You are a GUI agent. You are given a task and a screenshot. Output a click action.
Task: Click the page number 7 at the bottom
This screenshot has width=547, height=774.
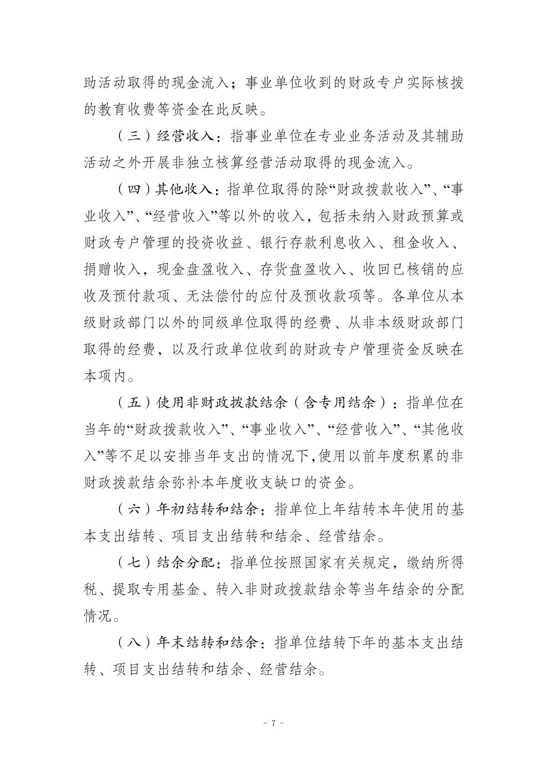pyautogui.click(x=273, y=723)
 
